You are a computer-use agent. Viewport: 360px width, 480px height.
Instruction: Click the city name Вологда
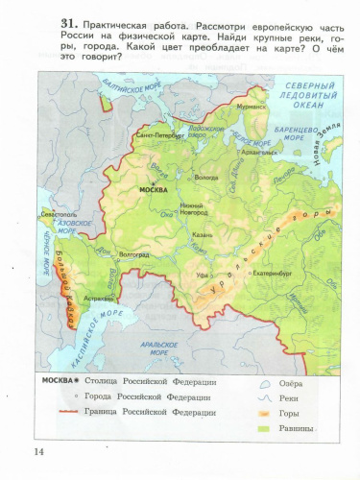206,177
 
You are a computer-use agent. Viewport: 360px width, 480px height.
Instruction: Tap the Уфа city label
203,275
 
